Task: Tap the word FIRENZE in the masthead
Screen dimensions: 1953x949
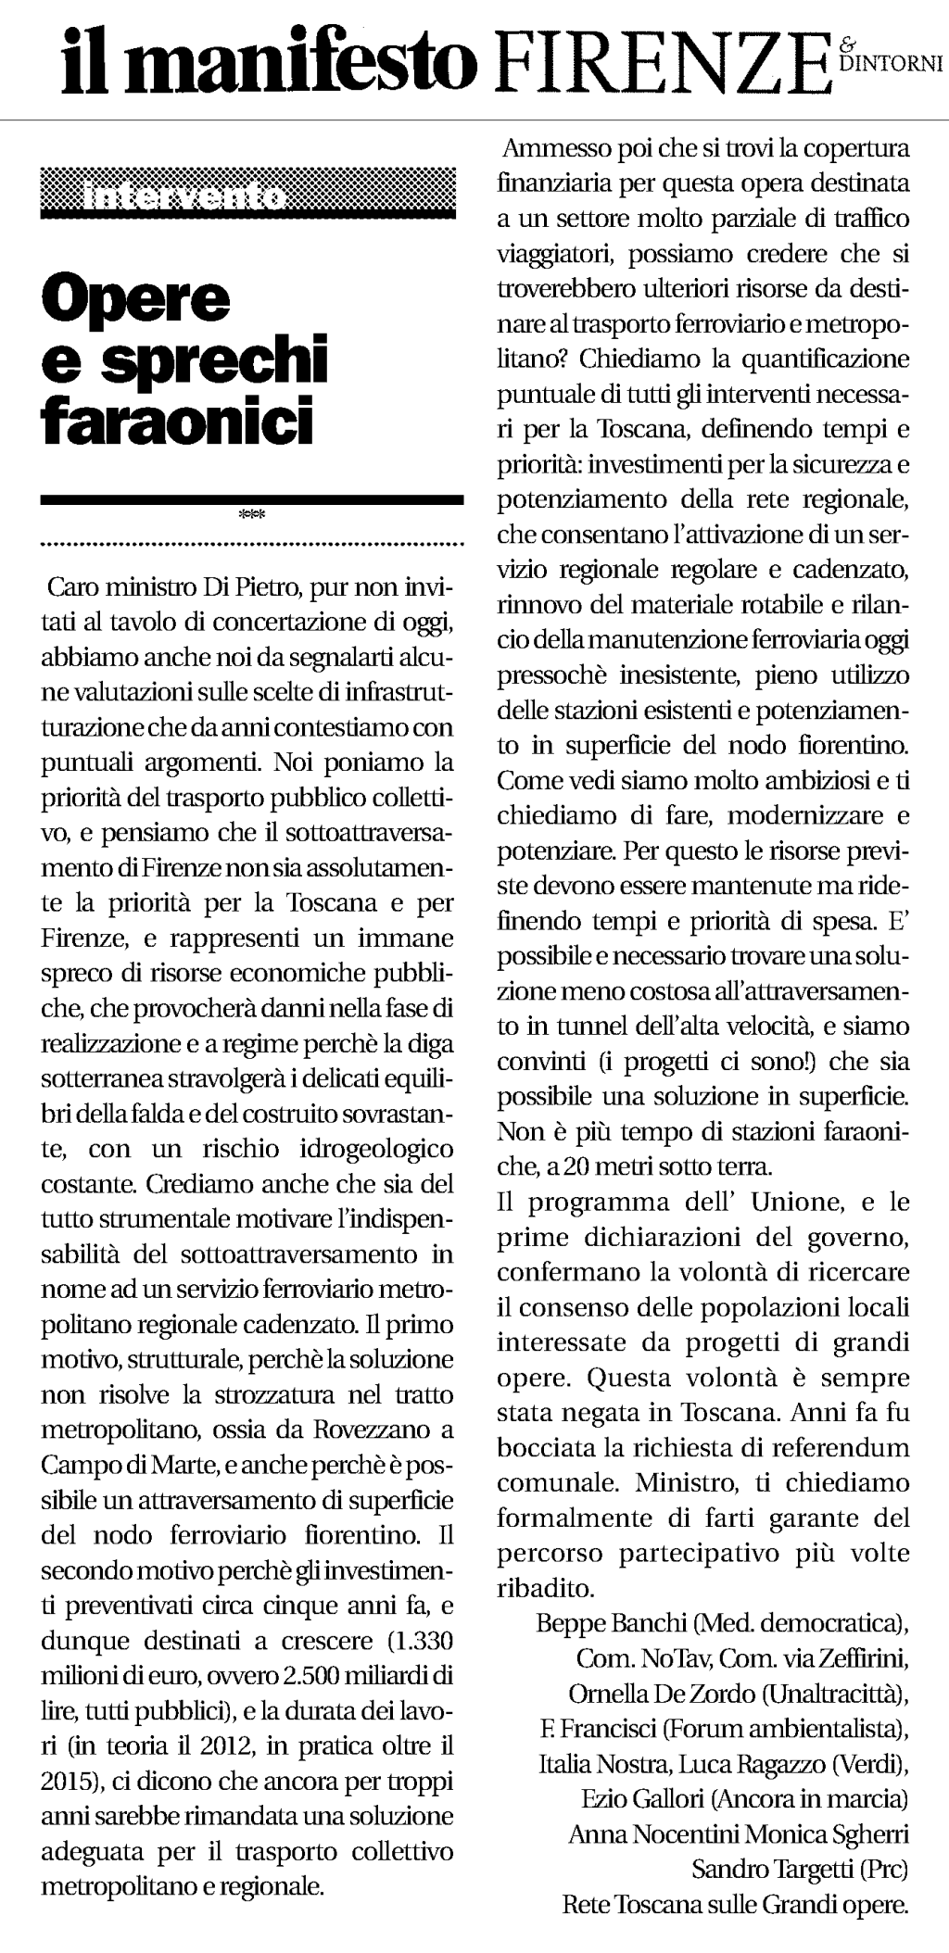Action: (x=656, y=61)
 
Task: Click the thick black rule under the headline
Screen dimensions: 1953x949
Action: (x=251, y=499)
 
